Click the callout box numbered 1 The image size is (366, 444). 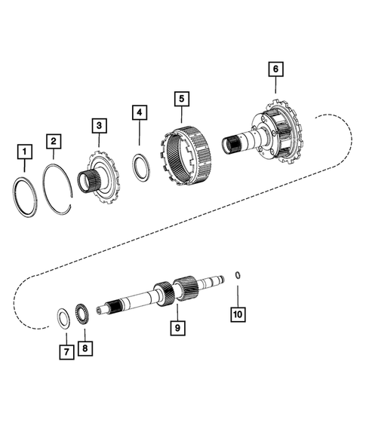click(x=25, y=154)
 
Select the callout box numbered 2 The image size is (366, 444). click(x=54, y=141)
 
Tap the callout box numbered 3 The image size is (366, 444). click(x=99, y=124)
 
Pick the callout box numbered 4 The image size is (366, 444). click(x=139, y=113)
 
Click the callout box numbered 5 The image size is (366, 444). click(x=181, y=98)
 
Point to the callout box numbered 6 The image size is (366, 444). click(x=275, y=69)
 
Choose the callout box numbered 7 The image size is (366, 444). click(x=66, y=351)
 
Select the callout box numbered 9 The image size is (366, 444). click(x=177, y=329)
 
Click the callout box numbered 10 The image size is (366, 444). click(x=239, y=313)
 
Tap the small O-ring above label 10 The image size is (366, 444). click(x=237, y=274)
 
